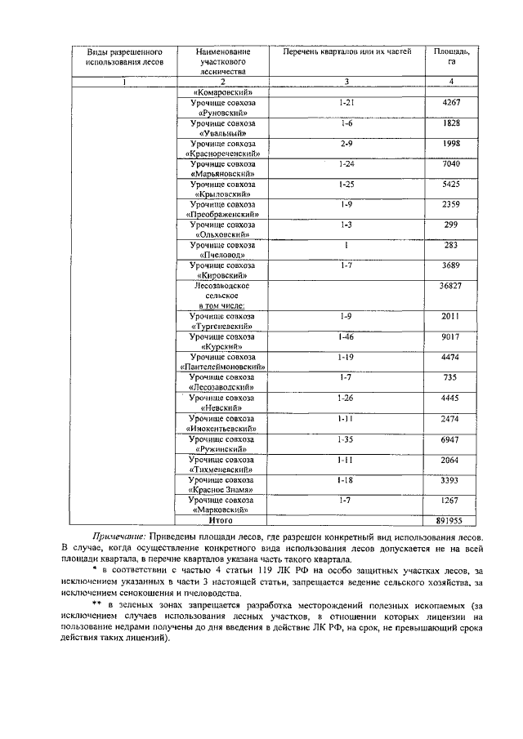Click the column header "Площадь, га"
[x=451, y=57]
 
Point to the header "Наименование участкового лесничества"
[x=222, y=61]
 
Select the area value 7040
[x=451, y=164]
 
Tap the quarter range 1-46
[x=346, y=336]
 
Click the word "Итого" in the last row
[x=221, y=519]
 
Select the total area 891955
[x=451, y=519]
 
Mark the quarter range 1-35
[x=346, y=439]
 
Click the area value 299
[x=451, y=225]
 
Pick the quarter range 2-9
[x=346, y=143]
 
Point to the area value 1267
[x=451, y=500]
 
